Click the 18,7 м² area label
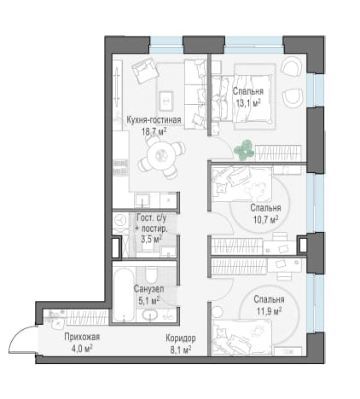[154, 132]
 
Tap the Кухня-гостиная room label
[154, 120]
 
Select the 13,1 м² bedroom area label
[248, 103]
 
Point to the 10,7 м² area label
[265, 220]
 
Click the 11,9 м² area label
[269, 311]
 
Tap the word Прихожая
[82, 337]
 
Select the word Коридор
[181, 338]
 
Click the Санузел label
[148, 289]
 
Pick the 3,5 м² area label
[152, 239]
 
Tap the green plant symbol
[244, 149]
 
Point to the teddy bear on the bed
[255, 191]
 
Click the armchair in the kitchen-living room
[145, 71]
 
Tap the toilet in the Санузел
[150, 275]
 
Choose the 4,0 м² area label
[82, 349]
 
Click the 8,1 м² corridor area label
[181, 350]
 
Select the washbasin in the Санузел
[150, 315]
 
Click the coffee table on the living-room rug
[165, 101]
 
